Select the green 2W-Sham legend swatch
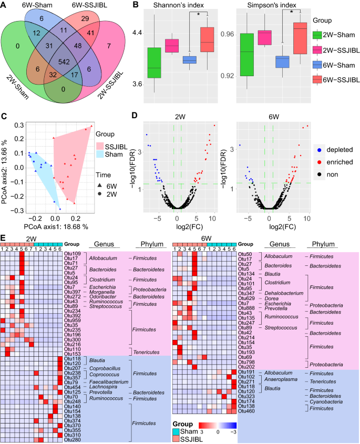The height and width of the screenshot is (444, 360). pos(317,35)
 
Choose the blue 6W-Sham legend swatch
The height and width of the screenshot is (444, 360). pos(317,65)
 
